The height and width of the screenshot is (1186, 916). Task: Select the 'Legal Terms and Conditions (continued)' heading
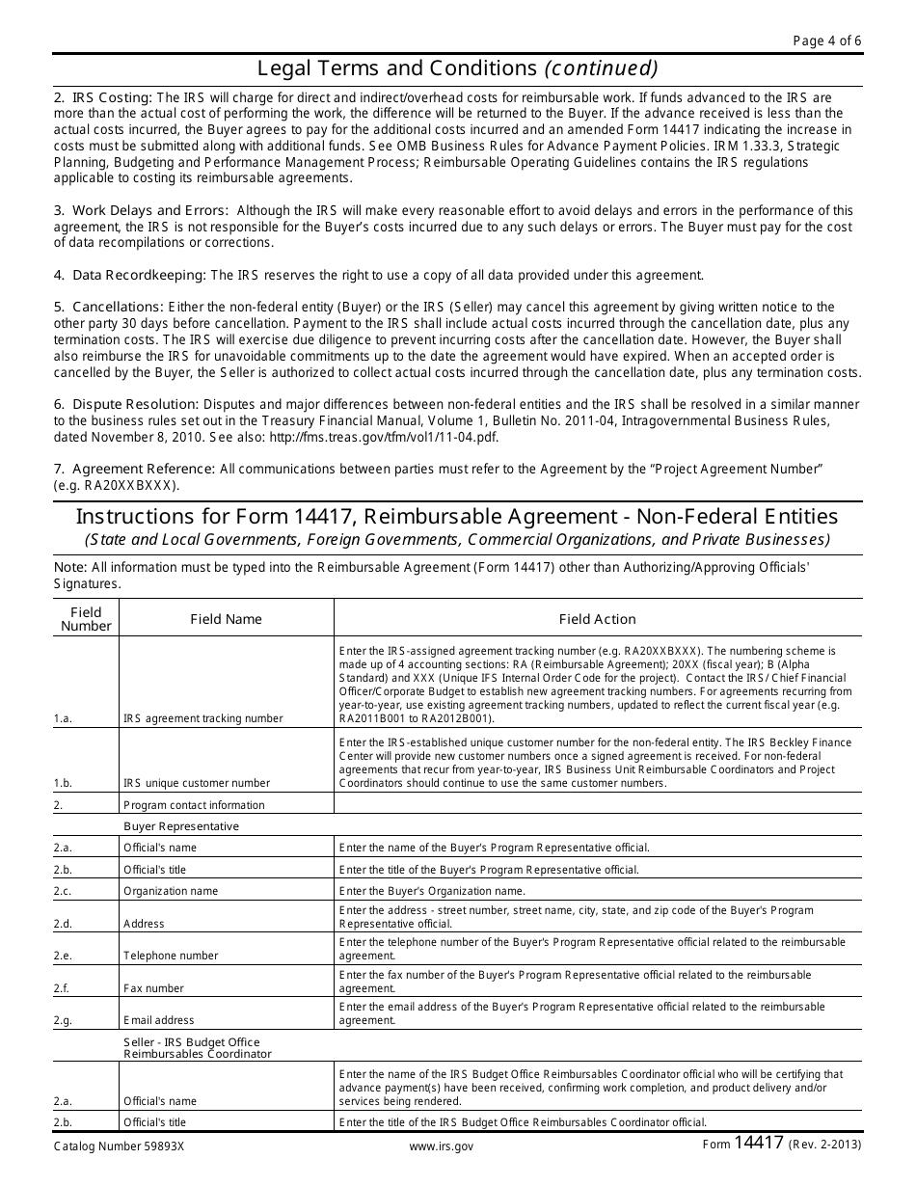pyautogui.click(x=458, y=68)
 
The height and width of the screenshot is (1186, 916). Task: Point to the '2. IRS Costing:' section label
pyautogui.click(x=103, y=98)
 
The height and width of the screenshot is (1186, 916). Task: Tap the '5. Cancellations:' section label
pyautogui.click(x=109, y=308)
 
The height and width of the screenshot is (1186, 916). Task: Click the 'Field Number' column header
pyautogui.click(x=86, y=619)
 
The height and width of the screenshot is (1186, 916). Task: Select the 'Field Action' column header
pyautogui.click(x=597, y=619)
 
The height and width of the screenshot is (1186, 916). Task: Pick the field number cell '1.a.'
pyautogui.click(x=64, y=718)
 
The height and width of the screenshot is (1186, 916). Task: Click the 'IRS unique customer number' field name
pyautogui.click(x=197, y=783)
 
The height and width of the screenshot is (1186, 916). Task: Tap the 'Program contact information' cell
pyautogui.click(x=194, y=805)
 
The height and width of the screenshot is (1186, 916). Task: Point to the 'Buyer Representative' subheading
pyautogui.click(x=181, y=826)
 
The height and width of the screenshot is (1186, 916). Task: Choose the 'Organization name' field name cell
pyautogui.click(x=171, y=891)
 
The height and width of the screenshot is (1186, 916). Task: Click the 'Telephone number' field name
pyautogui.click(x=171, y=956)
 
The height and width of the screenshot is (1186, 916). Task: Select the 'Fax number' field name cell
pyautogui.click(x=153, y=988)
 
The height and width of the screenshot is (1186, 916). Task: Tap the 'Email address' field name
pyautogui.click(x=158, y=1020)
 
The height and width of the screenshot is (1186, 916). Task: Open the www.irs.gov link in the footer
pyautogui.click(x=441, y=1147)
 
